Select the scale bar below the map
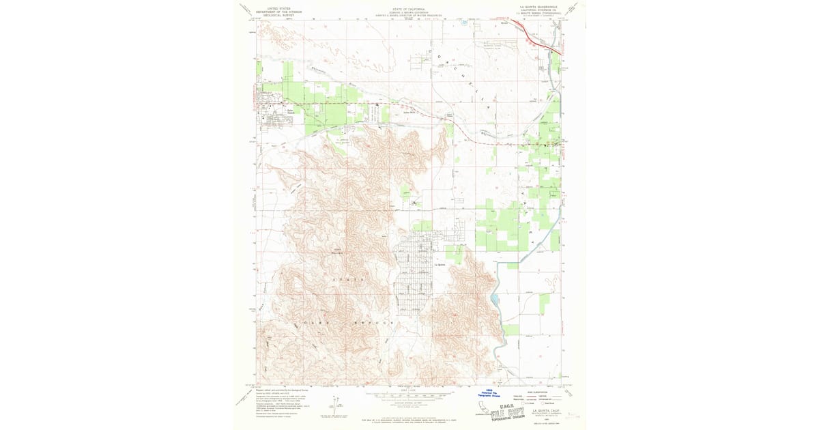pyautogui.click(x=409, y=394)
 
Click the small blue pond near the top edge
pyautogui.click(x=465, y=23)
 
